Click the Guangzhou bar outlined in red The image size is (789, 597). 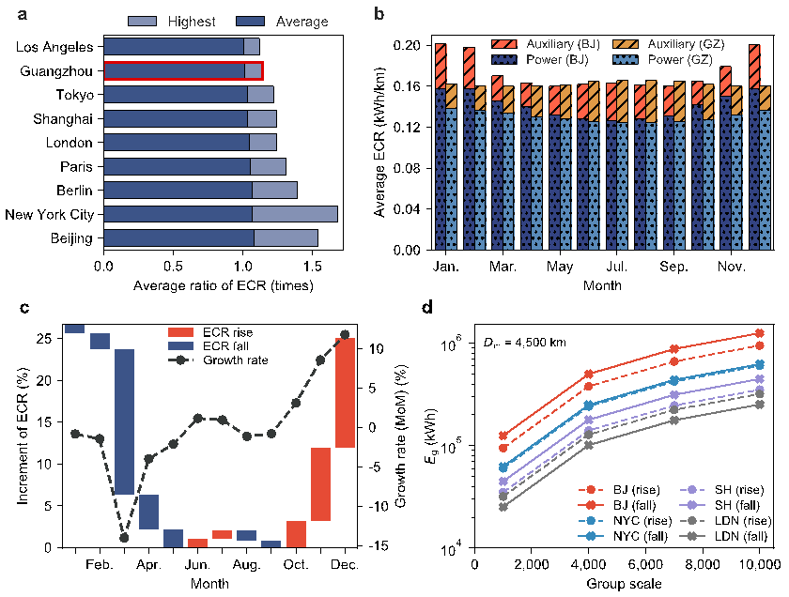point(183,70)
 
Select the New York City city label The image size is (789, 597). point(49,214)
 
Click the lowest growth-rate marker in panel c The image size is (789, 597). point(124,538)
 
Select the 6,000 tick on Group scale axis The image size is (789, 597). point(645,561)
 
